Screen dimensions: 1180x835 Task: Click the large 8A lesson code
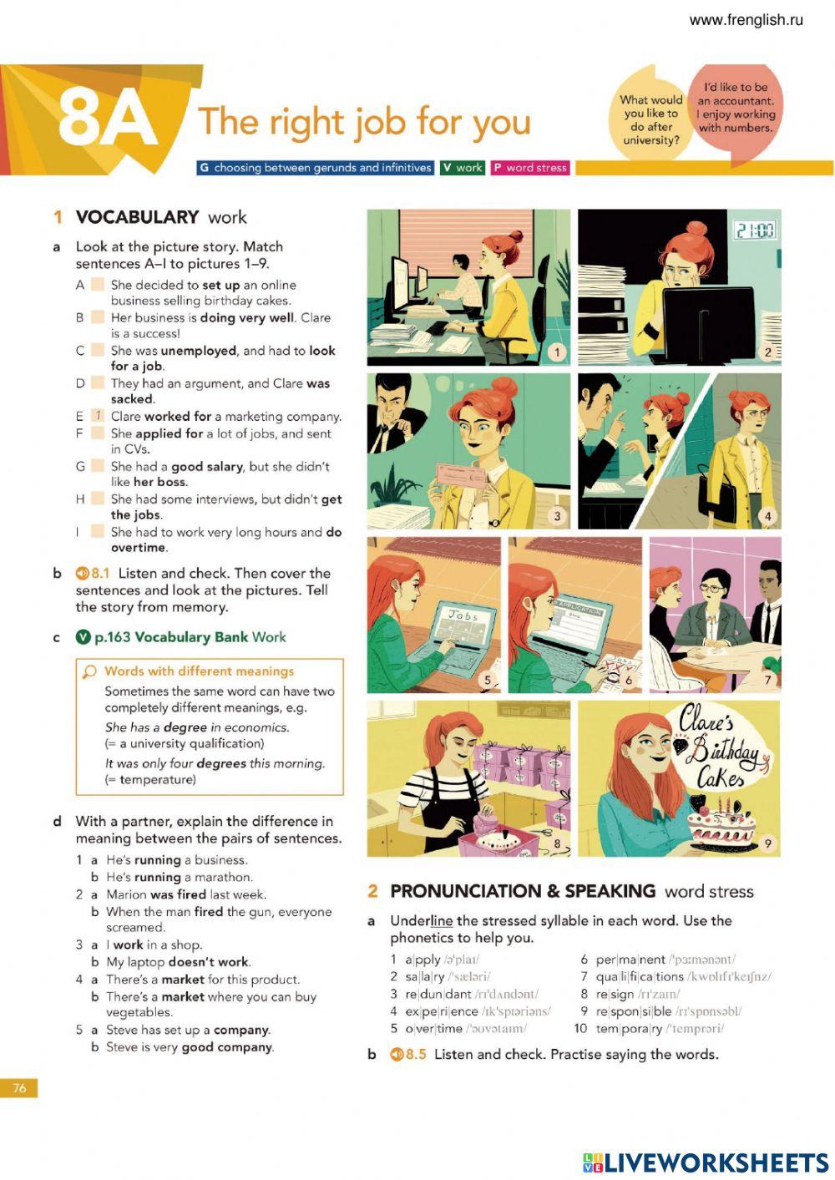(x=109, y=119)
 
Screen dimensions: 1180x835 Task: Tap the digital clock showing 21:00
(x=753, y=230)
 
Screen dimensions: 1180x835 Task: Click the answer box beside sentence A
(x=98, y=285)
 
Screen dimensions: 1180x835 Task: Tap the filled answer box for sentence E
(x=98, y=416)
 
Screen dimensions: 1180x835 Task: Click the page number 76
(x=18, y=1088)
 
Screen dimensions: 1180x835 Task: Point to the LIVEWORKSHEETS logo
(x=706, y=1162)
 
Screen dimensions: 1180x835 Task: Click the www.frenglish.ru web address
(x=746, y=20)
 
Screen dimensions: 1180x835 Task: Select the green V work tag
(x=463, y=168)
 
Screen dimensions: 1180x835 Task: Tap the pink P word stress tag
(x=529, y=168)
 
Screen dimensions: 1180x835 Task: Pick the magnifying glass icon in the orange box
(x=89, y=671)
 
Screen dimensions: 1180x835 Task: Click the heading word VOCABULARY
(x=137, y=217)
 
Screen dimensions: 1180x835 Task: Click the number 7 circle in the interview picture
(x=767, y=679)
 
